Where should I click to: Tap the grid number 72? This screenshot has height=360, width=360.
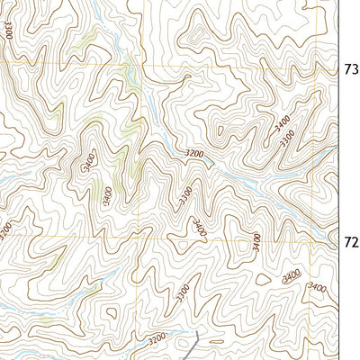click(352, 241)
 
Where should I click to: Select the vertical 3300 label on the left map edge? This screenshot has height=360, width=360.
click(7, 31)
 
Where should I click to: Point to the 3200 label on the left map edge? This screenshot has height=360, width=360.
click(4, 230)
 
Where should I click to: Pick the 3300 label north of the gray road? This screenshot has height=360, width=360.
click(183, 292)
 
